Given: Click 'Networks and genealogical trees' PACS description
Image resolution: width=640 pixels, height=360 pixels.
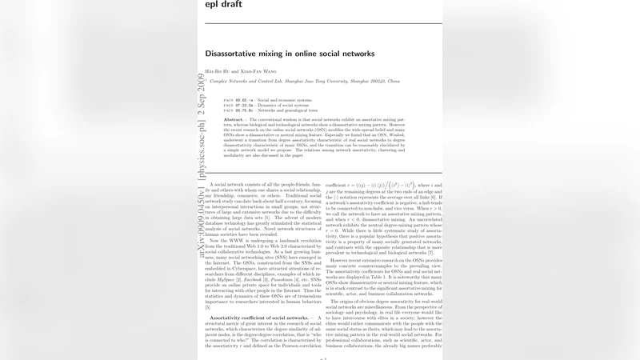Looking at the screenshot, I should (288, 110).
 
